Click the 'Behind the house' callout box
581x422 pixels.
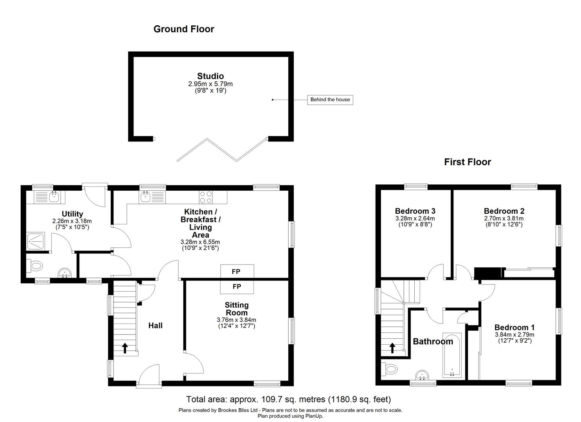click(330, 100)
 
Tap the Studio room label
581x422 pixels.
click(210, 76)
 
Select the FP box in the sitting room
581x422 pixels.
click(237, 287)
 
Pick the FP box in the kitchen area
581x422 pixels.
click(237, 271)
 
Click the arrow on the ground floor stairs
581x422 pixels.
click(125, 348)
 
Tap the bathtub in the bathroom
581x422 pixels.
click(452, 355)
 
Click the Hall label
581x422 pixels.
click(155, 325)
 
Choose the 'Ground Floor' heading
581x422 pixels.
click(183, 29)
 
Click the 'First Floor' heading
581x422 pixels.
click(467, 162)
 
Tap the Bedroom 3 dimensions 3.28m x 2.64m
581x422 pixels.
click(415, 219)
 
